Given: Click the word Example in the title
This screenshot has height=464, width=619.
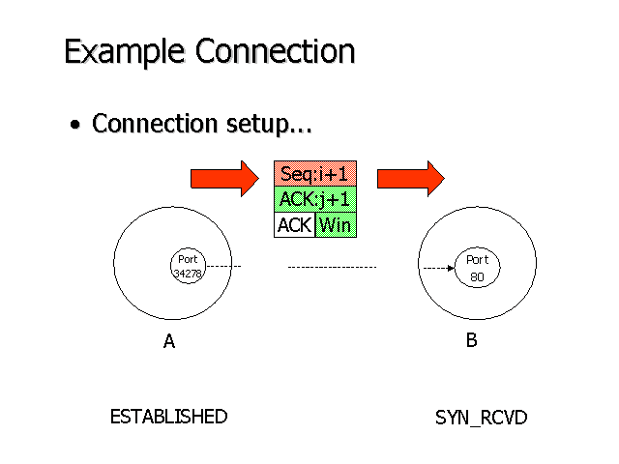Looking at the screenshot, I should [126, 51].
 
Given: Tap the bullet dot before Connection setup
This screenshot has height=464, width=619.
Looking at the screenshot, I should [75, 127].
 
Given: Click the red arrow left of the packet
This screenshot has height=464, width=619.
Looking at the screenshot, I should [225, 178].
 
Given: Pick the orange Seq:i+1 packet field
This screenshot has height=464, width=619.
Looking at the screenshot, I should [315, 174].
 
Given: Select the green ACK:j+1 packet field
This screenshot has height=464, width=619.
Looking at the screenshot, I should [315, 200].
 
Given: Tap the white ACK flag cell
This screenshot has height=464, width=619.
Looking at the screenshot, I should [294, 225].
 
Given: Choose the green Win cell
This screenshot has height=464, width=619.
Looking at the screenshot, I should [336, 225].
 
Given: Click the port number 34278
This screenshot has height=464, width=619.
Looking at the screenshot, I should [188, 275].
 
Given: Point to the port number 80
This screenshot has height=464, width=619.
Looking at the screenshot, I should [477, 277].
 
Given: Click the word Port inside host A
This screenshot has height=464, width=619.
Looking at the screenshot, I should [188, 259].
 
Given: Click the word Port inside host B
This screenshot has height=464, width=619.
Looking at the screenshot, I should [477, 260].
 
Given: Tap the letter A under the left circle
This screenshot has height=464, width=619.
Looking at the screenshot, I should [169, 341].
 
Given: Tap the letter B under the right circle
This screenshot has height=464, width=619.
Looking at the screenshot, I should [471, 340].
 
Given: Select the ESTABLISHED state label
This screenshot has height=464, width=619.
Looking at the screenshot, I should [168, 417].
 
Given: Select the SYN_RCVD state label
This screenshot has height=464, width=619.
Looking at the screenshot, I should [481, 418].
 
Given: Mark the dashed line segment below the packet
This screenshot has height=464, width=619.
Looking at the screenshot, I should [332, 267].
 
